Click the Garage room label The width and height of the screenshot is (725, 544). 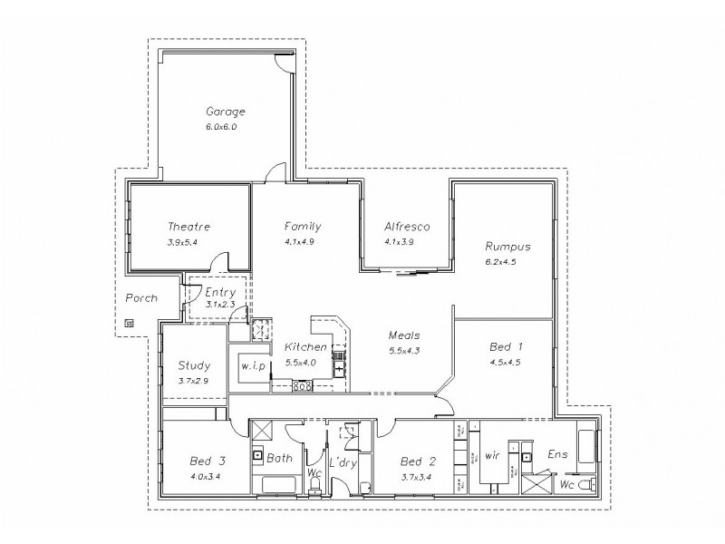tap(226, 112)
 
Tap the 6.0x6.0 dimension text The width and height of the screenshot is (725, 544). tap(222, 127)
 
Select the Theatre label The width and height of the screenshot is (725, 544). tap(189, 227)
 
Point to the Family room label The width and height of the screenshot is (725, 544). tap(303, 227)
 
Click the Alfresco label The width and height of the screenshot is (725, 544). tap(406, 227)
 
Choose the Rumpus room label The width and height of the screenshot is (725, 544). tap(507, 247)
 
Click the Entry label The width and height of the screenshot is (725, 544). tap(220, 292)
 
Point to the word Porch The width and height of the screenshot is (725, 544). tap(141, 297)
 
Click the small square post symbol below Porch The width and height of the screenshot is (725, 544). tap(129, 322)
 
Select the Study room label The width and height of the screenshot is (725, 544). tap(195, 365)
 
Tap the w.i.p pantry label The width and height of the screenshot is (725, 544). tap(252, 365)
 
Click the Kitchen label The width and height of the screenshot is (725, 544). tap(305, 347)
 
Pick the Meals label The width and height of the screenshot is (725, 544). tap(404, 335)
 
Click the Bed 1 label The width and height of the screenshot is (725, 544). tap(506, 347)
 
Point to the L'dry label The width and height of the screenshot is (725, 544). tap(344, 463)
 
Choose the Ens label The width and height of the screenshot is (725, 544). tap(557, 453)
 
